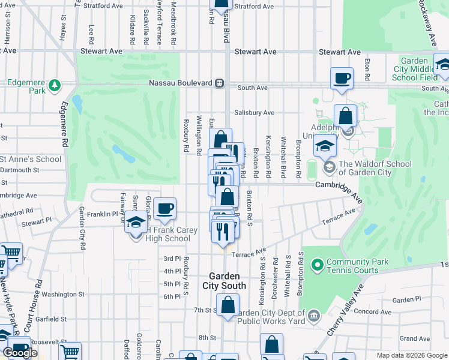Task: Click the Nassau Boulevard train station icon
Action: pos(220,82)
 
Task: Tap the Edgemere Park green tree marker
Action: pos(55,85)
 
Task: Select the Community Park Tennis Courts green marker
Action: pos(317,263)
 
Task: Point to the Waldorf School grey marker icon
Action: pos(328,166)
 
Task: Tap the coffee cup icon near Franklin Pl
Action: pos(164,209)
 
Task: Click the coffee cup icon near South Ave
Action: pos(342,79)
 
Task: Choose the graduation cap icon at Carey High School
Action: pos(136,224)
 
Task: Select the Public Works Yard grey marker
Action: pos(313,316)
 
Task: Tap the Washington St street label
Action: pos(63,295)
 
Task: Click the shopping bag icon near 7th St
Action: pos(228,305)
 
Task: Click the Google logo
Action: pos(20,353)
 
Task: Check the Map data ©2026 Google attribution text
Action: pos(412,356)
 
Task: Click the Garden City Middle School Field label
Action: pos(414,69)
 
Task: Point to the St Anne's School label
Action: pos(31,159)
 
